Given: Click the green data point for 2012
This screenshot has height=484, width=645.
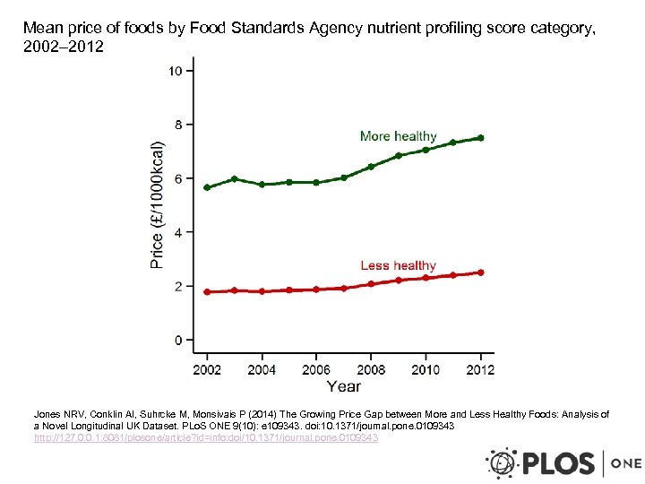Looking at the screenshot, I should pyautogui.click(x=481, y=138).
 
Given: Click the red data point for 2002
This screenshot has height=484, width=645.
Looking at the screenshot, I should pyautogui.click(x=207, y=292).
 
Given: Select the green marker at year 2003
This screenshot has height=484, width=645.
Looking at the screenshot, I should pyautogui.click(x=235, y=179).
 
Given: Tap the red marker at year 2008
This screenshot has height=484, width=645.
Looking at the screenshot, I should pyautogui.click(x=371, y=284).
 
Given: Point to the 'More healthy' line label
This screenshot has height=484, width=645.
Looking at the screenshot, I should pyautogui.click(x=398, y=136).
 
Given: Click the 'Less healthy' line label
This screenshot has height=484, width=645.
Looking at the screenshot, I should pyautogui.click(x=398, y=265).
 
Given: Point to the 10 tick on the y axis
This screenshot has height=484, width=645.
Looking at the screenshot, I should pyautogui.click(x=176, y=71).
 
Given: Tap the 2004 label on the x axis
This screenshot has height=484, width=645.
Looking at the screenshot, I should pyautogui.click(x=262, y=369).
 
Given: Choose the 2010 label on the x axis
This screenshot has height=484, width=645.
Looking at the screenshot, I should pyautogui.click(x=426, y=369).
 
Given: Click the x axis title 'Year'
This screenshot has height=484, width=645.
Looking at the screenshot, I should pyautogui.click(x=343, y=386).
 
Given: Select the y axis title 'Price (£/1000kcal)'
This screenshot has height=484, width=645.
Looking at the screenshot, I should pyautogui.click(x=158, y=203).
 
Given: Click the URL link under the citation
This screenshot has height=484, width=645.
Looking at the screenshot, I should pyautogui.click(x=206, y=438).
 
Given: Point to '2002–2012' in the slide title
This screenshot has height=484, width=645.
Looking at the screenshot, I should pyautogui.click(x=64, y=47).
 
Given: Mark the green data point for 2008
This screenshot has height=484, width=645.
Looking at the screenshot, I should pyautogui.click(x=371, y=167).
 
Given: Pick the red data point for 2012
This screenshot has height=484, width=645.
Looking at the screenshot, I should pyautogui.click(x=481, y=272).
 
